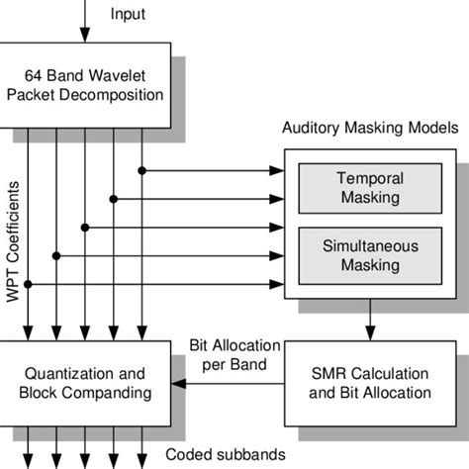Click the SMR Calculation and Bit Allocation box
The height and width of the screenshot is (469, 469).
[369, 383]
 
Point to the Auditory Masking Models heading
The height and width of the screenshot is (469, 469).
[370, 129]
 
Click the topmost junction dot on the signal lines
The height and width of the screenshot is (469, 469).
[143, 170]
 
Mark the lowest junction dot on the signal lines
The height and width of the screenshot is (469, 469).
[29, 285]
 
